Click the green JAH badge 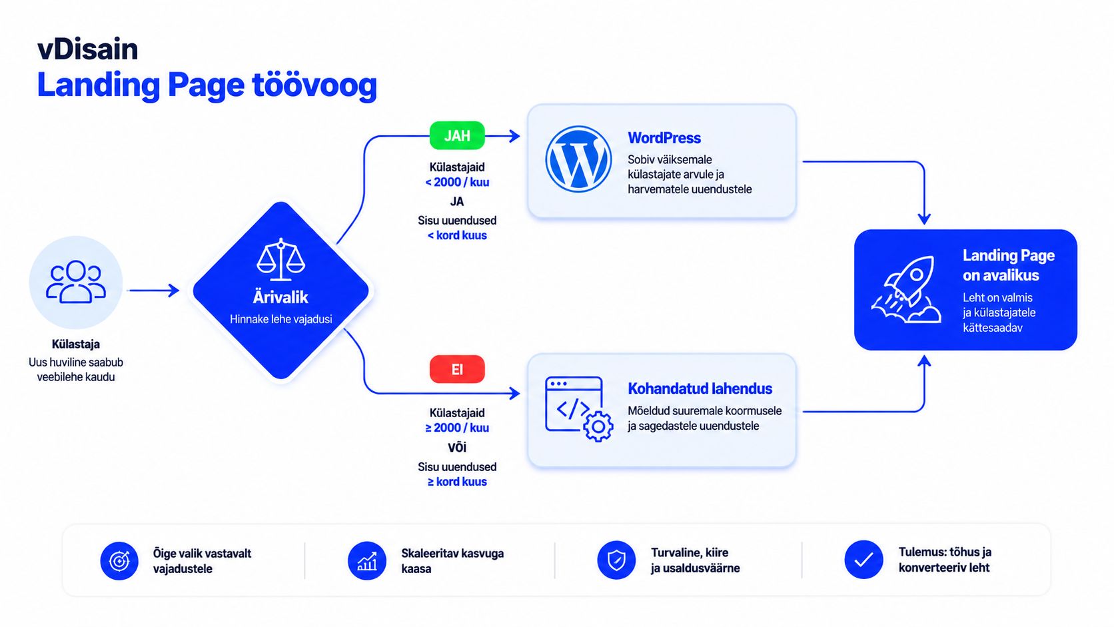tap(457, 135)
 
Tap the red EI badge tap(457, 369)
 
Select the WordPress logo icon tap(578, 159)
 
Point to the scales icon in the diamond tap(281, 260)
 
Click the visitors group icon tap(75, 282)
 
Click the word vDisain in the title tap(87, 49)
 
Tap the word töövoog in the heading tap(314, 85)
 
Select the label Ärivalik tap(280, 297)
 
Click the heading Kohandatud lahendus tap(700, 388)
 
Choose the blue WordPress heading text tap(664, 138)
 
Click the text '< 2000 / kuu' tap(457, 182)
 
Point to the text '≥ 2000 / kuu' tap(457, 428)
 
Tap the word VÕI tap(457, 447)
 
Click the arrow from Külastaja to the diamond tap(154, 291)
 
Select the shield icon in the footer tap(616, 560)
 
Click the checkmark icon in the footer tap(863, 560)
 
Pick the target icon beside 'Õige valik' tap(119, 561)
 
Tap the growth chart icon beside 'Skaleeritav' tap(367, 561)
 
